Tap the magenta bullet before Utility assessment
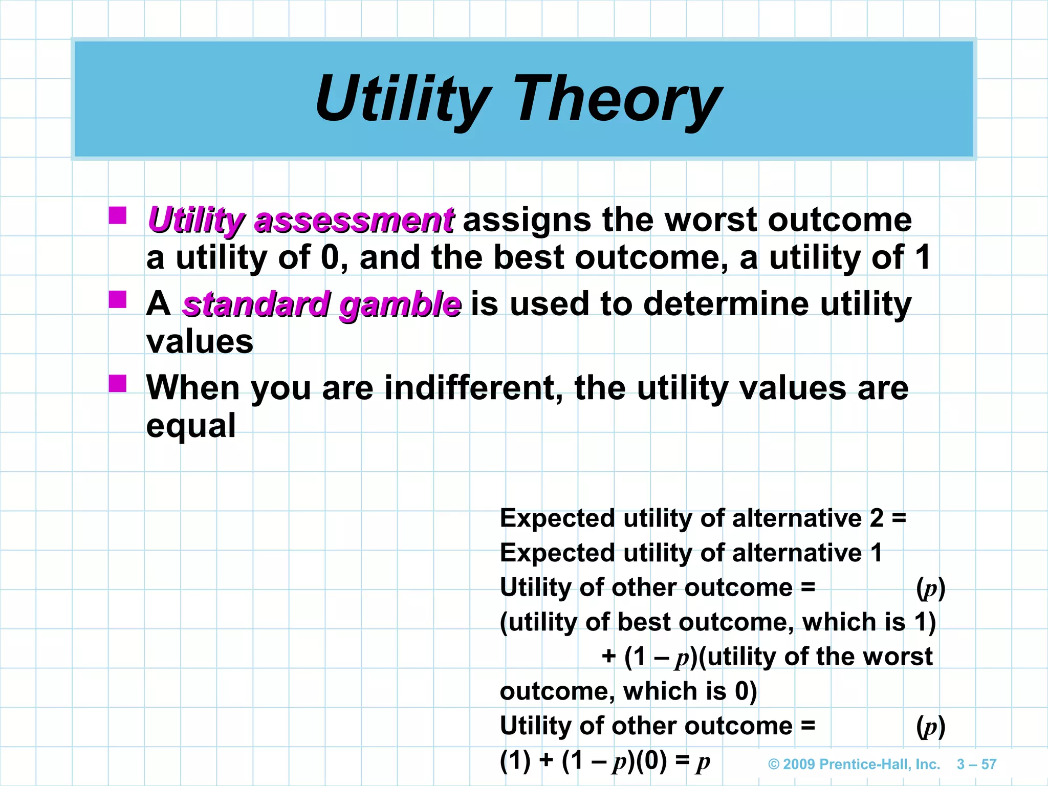[118, 215]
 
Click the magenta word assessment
[353, 220]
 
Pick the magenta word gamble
[400, 304]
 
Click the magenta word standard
[255, 304]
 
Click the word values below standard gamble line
[200, 342]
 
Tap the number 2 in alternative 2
[877, 518]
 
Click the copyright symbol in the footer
[774, 765]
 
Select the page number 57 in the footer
[989, 765]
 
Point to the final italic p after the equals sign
[703, 761]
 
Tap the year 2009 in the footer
[799, 765]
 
